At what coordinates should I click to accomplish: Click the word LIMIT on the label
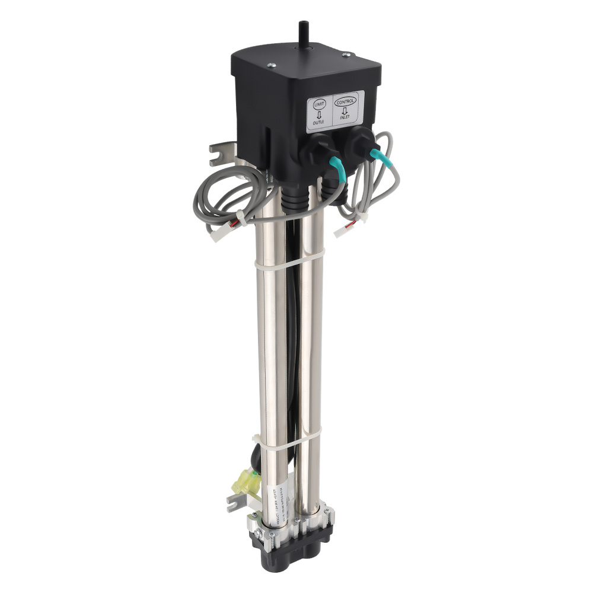[318, 104]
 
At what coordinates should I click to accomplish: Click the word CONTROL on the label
[346, 101]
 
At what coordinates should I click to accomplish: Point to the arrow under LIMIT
[319, 114]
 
